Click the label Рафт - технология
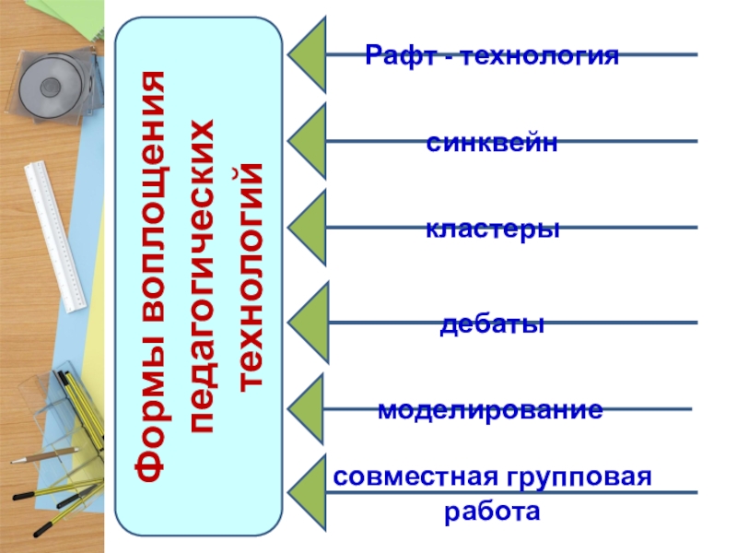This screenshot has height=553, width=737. click(492, 56)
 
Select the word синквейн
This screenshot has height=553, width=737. click(493, 143)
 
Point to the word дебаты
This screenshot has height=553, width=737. click(493, 324)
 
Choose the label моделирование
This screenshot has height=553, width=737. click(490, 410)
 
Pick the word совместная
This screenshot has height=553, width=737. click(411, 478)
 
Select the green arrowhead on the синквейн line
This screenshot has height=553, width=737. click(310, 140)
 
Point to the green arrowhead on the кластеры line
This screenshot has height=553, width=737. click(310, 227)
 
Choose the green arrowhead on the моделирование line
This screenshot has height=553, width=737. click(310, 408)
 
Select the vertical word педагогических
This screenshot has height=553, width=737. click(202, 276)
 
